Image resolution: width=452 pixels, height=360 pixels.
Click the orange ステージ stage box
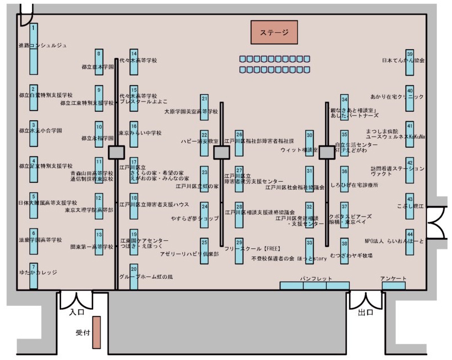[x=274, y=32]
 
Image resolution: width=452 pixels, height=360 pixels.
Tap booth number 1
[x=34, y=48]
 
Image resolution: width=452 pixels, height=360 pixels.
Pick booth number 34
[x=344, y=107]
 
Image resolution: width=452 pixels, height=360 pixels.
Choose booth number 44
[x=410, y=242]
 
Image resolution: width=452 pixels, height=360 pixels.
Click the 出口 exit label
[x=365, y=311]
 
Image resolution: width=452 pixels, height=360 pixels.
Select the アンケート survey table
[x=393, y=286]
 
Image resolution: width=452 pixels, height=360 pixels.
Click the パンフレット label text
[x=315, y=279]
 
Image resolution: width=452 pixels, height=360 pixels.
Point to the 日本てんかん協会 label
[x=403, y=60]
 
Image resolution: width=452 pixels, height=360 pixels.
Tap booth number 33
[x=309, y=250]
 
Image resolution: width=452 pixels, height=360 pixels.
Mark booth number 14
[x=134, y=61]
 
